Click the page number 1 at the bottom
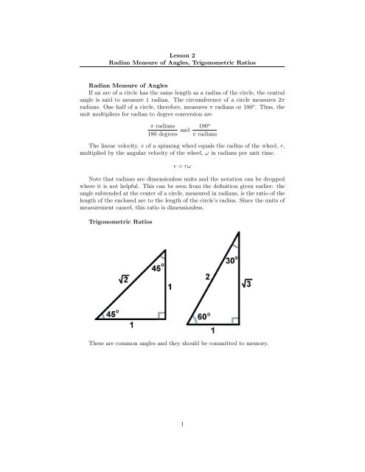pyautogui.click(x=183, y=447)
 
